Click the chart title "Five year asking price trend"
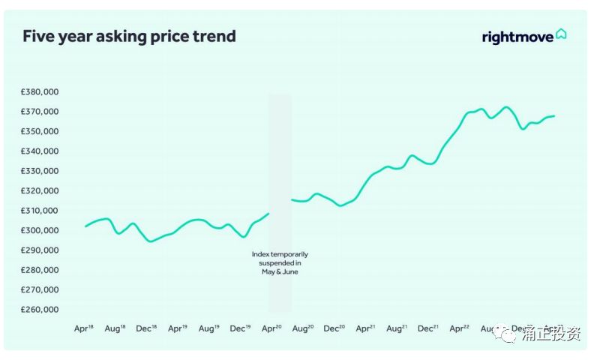[129, 36]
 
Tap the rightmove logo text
[517, 37]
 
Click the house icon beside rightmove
[561, 34]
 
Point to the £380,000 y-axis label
[40, 92]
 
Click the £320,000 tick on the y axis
[40, 191]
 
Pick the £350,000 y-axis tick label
[40, 131]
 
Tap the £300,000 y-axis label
[40, 230]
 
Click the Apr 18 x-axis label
[84, 328]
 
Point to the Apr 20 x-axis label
[271, 328]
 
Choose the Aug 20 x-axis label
[302, 328]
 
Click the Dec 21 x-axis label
[427, 328]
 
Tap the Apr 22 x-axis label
[459, 328]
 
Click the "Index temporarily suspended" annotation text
[280, 263]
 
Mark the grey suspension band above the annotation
[280, 165]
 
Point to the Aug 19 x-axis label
[208, 328]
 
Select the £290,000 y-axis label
[40, 250]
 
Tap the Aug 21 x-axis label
[396, 328]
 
